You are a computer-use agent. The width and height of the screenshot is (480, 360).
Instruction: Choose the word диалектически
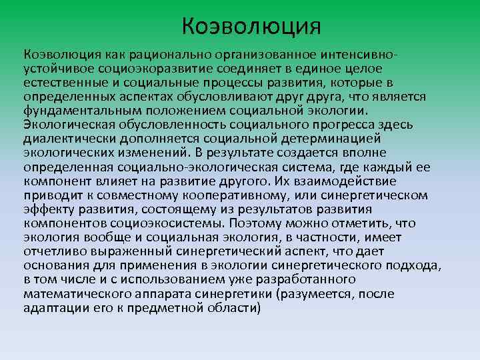pyautogui.click(x=63, y=138)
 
